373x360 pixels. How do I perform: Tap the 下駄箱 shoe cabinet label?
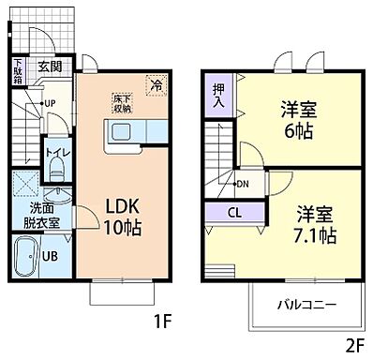point(18,71)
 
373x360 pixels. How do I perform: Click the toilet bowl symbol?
point(55,169)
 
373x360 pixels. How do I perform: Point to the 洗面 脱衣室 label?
point(41,216)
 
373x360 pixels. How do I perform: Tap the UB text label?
point(54,256)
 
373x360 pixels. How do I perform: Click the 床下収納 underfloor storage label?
point(122,102)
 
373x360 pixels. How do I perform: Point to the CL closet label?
point(235,211)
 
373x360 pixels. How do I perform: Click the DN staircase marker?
point(242,184)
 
